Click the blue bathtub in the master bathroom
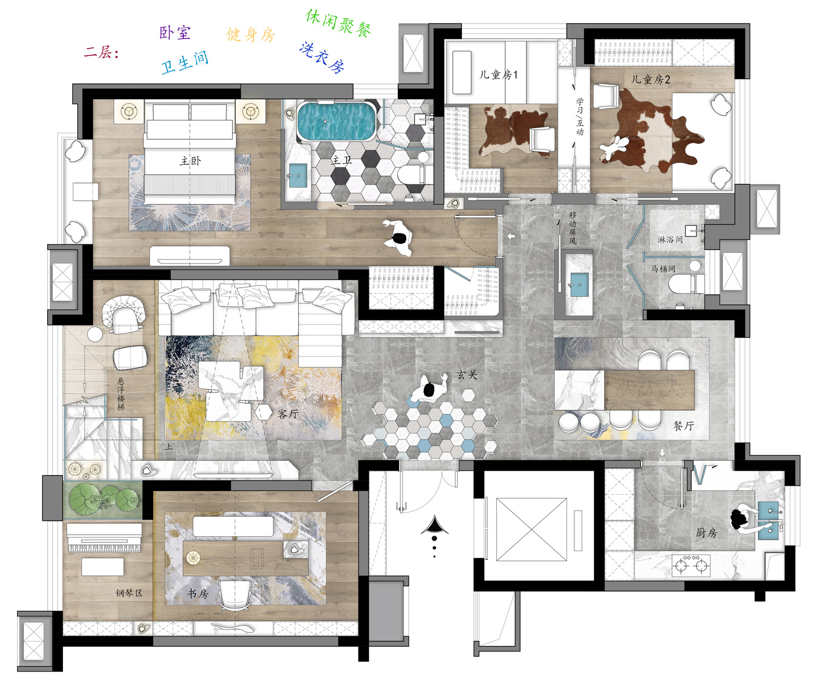coord(336,122)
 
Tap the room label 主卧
coord(190,161)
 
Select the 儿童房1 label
coord(498,75)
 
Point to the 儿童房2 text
coord(650,79)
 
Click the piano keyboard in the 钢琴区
coord(104,538)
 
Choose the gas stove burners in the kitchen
coord(691,566)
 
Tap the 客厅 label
coord(288,414)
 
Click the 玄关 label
coord(467,374)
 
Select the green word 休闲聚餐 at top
coord(338,23)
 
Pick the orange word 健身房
coord(251,35)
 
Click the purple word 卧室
coord(175,33)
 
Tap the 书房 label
coord(198,593)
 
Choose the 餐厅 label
coord(684,426)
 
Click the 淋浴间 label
coord(670,239)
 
